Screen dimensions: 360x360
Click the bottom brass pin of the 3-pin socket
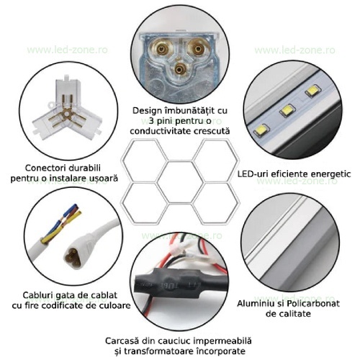tap(179, 69)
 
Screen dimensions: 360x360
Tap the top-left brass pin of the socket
tap(161, 50)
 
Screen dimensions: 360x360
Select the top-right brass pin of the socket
tap(198, 50)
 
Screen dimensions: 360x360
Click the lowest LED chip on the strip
tap(261, 130)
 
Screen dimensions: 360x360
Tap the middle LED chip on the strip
tap(287, 110)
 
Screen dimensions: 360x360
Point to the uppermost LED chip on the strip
tap(312, 91)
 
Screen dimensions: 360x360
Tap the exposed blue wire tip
tap(75, 207)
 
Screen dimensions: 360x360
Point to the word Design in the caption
tap(148, 111)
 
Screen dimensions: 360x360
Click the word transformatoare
tap(159, 351)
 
